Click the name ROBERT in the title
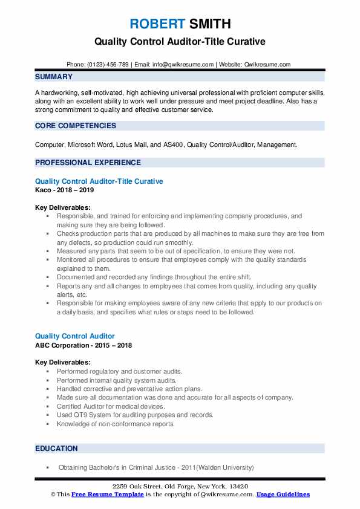157,24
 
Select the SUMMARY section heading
54,77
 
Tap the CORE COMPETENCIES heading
76,126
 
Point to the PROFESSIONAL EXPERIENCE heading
88,162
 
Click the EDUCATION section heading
56,448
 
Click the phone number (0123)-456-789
107,64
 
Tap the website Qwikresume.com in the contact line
268,64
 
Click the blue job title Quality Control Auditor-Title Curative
99,181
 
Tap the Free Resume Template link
107,494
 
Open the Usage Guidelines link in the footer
283,494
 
